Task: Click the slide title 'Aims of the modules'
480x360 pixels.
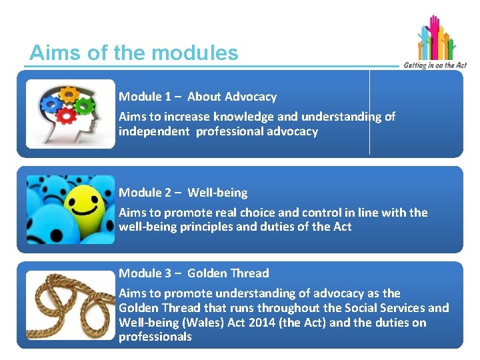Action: tap(133, 53)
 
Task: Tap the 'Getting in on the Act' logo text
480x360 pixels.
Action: tap(434, 65)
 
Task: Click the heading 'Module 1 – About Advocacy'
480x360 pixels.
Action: tap(197, 97)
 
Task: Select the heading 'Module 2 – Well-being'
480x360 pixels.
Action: tap(183, 193)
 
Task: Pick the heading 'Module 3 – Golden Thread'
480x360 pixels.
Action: tap(193, 273)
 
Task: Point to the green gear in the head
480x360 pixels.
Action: tap(84, 105)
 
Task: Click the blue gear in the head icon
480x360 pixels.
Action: tap(49, 103)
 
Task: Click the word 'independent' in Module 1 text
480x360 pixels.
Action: tap(154, 131)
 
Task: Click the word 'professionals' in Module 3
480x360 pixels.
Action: tap(155, 337)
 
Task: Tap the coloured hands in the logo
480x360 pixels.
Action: tap(435, 38)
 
